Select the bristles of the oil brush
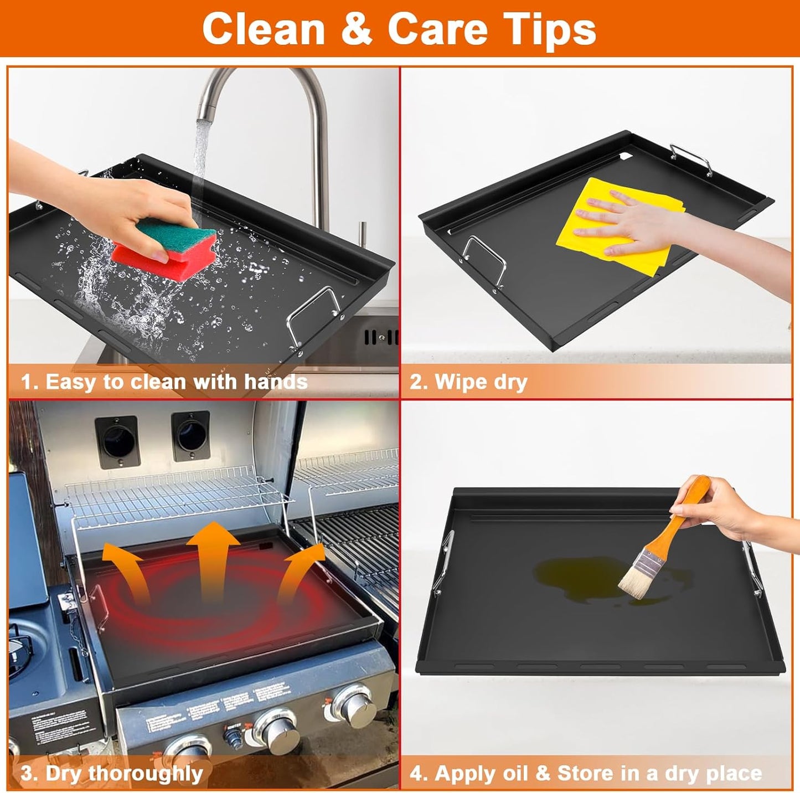click(x=634, y=581)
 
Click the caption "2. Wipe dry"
click(x=468, y=382)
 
